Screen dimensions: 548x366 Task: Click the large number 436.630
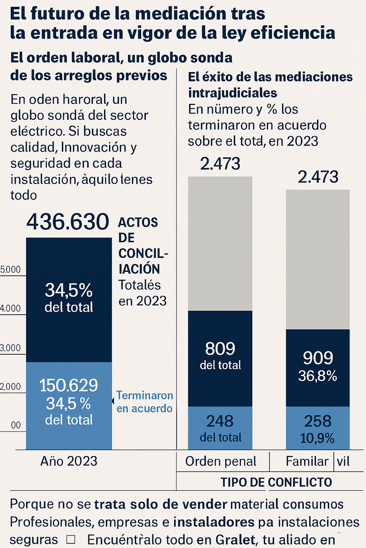[x=68, y=222]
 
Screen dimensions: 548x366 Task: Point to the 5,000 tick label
[x=11, y=270]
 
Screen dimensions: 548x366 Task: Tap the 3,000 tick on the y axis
[x=11, y=348]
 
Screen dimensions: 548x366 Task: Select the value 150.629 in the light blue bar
[x=69, y=385]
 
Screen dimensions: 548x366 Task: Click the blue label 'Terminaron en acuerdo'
[x=144, y=402]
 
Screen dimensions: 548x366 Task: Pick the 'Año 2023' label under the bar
[x=69, y=461]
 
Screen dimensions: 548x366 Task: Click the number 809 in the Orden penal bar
[x=220, y=349]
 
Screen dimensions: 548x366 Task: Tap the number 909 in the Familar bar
[x=318, y=358]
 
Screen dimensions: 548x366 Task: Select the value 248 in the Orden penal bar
[x=220, y=421]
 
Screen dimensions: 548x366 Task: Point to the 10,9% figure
[x=317, y=438]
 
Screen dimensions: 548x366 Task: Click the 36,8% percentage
[x=317, y=376]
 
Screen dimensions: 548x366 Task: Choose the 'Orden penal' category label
[x=221, y=461]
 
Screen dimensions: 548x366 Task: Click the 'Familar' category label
[x=307, y=461]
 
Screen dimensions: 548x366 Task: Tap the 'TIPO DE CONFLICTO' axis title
[x=276, y=482]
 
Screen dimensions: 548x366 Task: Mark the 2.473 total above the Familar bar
[x=318, y=177]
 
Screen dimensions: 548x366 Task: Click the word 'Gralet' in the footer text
[x=235, y=539]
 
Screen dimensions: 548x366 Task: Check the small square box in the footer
[x=71, y=539]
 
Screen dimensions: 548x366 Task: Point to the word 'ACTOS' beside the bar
[x=138, y=222]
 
